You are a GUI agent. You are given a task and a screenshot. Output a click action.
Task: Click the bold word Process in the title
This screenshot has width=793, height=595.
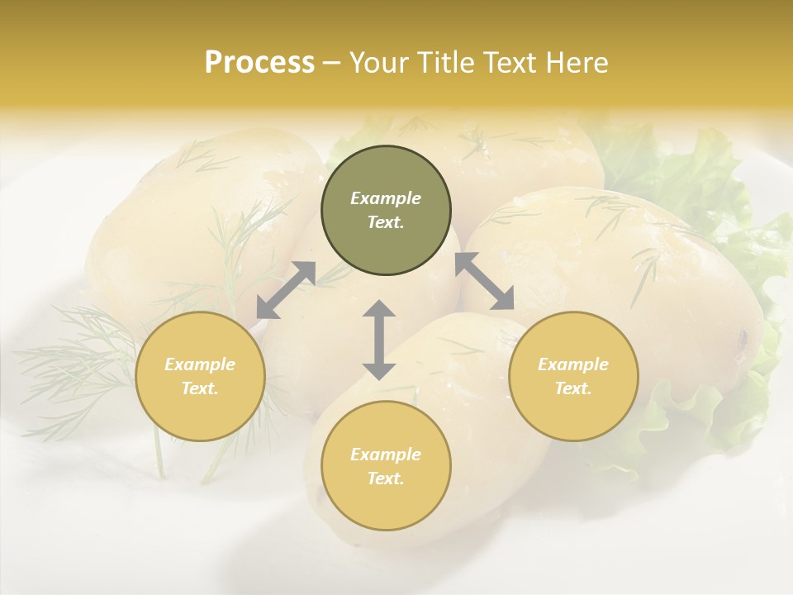(259, 63)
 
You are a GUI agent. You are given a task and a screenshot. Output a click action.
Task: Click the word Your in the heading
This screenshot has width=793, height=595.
(378, 63)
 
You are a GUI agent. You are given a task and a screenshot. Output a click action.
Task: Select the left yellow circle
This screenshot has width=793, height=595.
(200, 376)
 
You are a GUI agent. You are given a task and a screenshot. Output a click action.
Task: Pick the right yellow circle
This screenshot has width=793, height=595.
(573, 376)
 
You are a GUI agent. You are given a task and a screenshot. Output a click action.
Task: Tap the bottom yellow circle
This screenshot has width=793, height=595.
(386, 465)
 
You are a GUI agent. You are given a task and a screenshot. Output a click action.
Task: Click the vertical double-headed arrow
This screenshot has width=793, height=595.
(379, 340)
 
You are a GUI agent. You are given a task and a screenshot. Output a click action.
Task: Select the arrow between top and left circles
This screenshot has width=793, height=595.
(286, 289)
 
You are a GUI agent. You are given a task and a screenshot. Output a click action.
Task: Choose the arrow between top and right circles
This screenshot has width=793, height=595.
(484, 281)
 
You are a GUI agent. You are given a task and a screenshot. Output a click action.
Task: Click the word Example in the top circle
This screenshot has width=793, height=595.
(386, 198)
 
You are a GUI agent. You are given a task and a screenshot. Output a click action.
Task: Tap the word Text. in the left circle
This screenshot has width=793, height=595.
(200, 388)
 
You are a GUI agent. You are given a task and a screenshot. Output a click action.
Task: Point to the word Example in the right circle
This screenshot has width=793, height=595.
(573, 364)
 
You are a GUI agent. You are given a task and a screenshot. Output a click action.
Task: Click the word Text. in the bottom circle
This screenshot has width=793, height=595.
(386, 478)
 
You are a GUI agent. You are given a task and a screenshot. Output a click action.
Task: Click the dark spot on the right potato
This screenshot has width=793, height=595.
(743, 337)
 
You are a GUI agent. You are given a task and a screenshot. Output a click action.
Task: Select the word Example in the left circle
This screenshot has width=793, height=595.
(200, 364)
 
